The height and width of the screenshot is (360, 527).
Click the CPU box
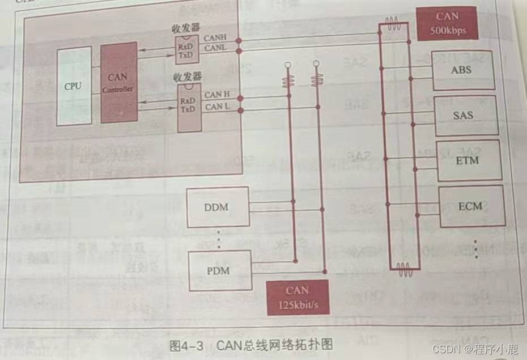pyautogui.click(x=73, y=87)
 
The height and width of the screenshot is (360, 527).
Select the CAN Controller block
pyautogui.click(x=118, y=82)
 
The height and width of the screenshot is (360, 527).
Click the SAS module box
pyautogui.click(x=465, y=115)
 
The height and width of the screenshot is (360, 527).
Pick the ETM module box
pyautogui.click(x=467, y=160)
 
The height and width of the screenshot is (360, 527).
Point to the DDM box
pyautogui.click(x=217, y=207)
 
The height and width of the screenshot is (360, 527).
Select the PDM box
pyautogui.click(x=218, y=270)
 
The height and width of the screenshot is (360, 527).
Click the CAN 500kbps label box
pyautogui.click(x=447, y=23)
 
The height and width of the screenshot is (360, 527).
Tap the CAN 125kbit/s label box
pyautogui.click(x=297, y=297)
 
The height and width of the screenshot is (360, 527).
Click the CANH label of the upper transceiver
pyautogui.click(x=215, y=38)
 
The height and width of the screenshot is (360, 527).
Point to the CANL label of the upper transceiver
pyautogui.click(x=215, y=48)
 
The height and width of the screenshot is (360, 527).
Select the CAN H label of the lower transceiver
pyautogui.click(x=217, y=95)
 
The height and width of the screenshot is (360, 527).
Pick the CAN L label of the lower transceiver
pyautogui.click(x=217, y=107)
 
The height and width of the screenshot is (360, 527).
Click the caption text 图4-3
pyautogui.click(x=187, y=344)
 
